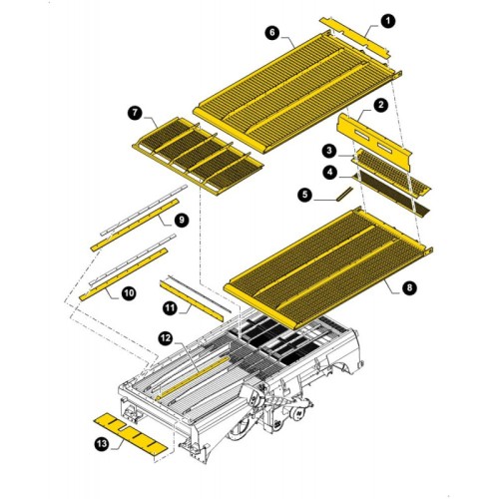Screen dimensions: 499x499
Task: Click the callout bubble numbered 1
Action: [387, 21]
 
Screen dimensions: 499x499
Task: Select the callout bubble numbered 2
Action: [380, 105]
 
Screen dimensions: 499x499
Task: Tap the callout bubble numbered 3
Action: [329, 151]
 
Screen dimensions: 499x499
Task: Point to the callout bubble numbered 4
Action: [329, 173]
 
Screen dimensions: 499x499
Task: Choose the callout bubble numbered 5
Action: [305, 195]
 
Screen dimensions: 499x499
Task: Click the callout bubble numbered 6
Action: [272, 33]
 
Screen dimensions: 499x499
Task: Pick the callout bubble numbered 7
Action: [135, 113]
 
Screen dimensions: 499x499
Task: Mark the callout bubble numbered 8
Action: [409, 287]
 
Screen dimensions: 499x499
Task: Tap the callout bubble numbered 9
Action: [182, 221]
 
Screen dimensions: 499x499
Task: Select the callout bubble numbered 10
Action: [129, 293]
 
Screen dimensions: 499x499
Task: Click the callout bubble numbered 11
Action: [171, 308]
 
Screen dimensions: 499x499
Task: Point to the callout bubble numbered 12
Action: [166, 338]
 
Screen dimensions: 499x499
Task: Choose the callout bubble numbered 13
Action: [102, 443]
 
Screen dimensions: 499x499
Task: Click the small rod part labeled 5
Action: [344, 194]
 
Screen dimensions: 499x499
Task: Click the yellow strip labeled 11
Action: [192, 301]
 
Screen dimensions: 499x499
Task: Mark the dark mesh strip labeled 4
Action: [391, 195]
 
